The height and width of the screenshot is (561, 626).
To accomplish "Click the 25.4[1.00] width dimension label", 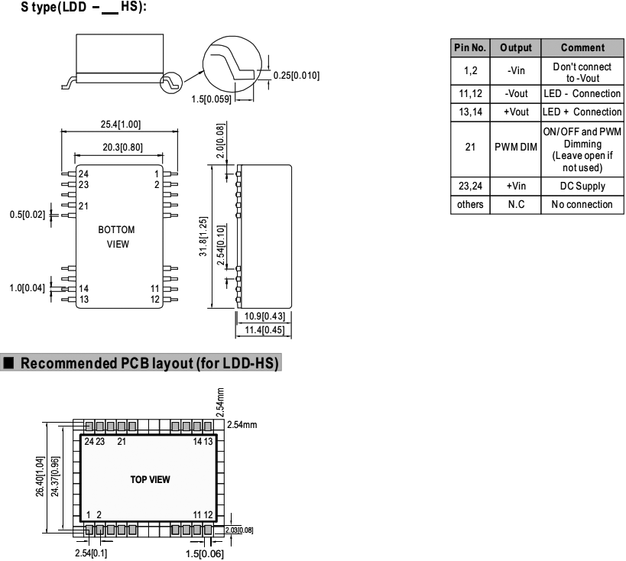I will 119,125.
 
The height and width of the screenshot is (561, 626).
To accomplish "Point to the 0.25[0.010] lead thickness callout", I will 296,75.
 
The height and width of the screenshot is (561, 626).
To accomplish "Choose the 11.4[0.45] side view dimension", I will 265,330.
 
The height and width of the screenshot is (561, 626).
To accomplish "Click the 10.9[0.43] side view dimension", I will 265,316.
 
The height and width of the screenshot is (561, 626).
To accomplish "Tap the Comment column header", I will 582,47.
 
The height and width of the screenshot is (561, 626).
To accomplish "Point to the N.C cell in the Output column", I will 514,204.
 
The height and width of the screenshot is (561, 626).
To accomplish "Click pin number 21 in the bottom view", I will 83,206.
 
